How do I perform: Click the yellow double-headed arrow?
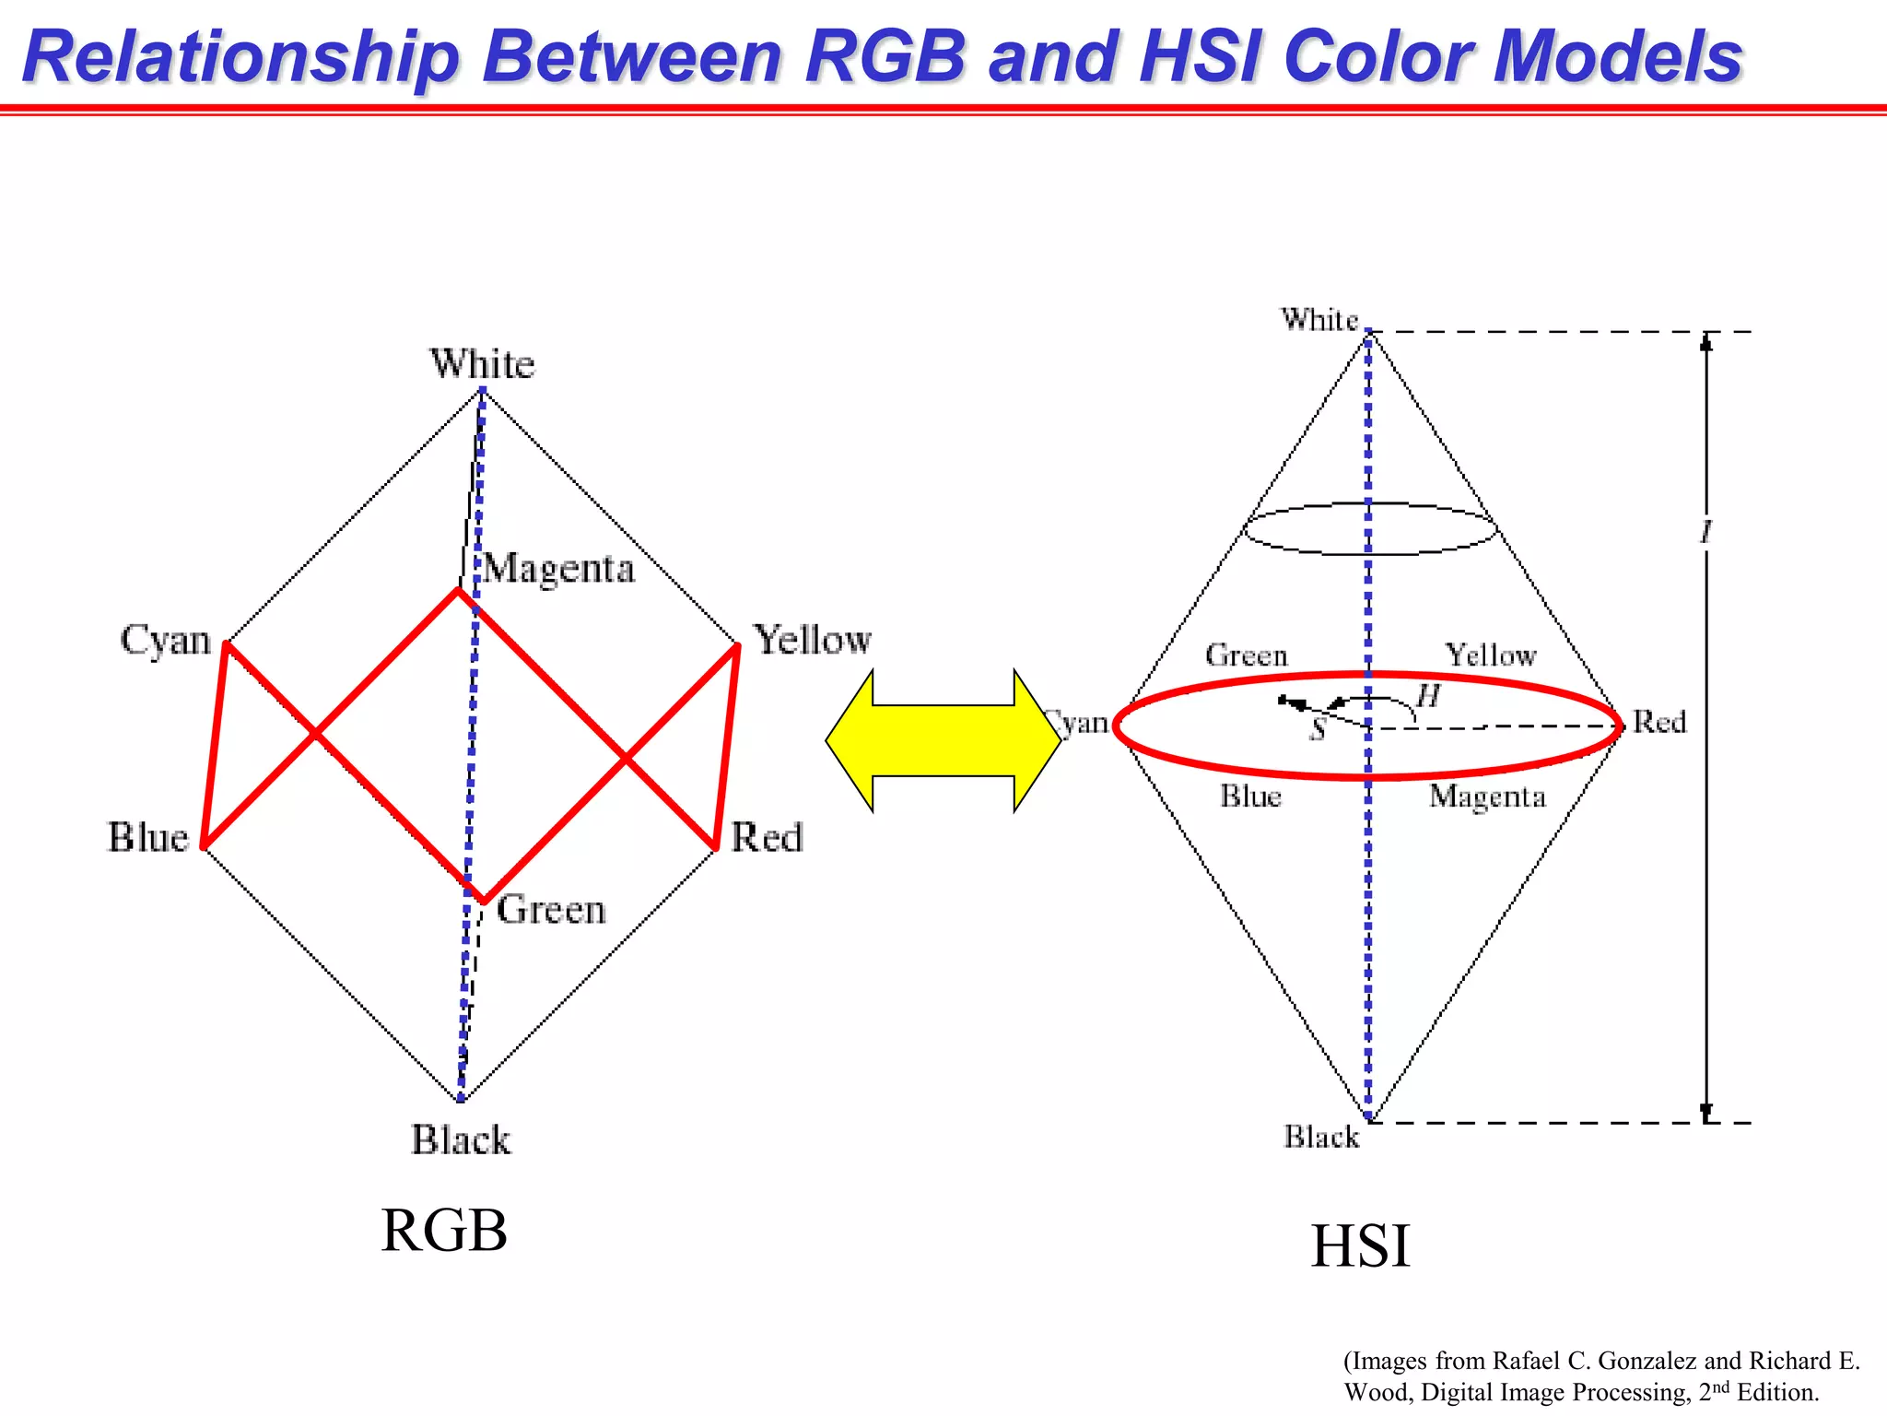(943, 740)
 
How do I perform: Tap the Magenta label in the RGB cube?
(559, 570)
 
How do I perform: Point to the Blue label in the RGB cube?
(148, 838)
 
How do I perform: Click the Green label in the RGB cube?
(551, 911)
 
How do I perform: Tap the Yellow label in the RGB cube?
(813, 640)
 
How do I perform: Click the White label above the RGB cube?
(482, 364)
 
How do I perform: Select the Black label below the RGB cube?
(461, 1140)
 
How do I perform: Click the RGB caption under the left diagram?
(444, 1231)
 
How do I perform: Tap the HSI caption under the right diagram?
(1360, 1246)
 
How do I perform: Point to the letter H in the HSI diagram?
(1428, 697)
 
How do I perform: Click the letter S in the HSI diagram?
(1319, 730)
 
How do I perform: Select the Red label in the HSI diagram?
(1659, 722)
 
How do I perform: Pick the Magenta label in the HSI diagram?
(1487, 796)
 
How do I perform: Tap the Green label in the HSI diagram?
(1246, 655)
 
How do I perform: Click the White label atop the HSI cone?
(1319, 320)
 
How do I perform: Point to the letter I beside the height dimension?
(1705, 532)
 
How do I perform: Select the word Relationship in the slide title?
(240, 57)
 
